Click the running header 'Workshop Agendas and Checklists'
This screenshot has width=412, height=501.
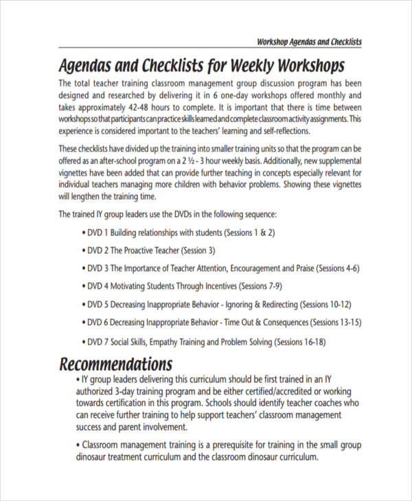click(x=309, y=42)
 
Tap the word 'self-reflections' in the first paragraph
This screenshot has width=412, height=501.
click(x=280, y=131)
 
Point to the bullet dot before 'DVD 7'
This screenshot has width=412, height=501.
click(x=83, y=341)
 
